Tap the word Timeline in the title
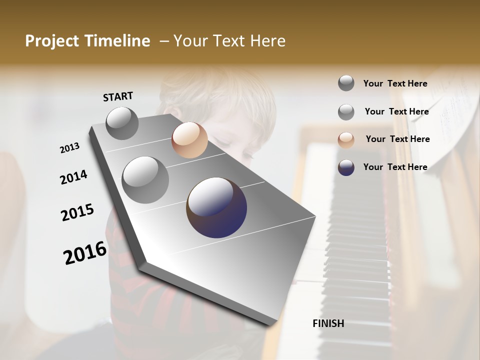pyautogui.click(x=117, y=41)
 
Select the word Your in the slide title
pyautogui.click(x=191, y=41)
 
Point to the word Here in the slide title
pyautogui.click(x=268, y=41)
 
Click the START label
pyautogui.click(x=118, y=96)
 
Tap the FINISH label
pyautogui.click(x=328, y=323)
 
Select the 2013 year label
pyautogui.click(x=69, y=148)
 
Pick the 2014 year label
pyautogui.click(x=73, y=177)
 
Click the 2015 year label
pyautogui.click(x=77, y=212)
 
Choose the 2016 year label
pyautogui.click(x=85, y=252)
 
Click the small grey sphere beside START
pyautogui.click(x=122, y=123)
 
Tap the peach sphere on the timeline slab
pyautogui.click(x=189, y=140)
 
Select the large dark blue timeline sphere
pyautogui.click(x=216, y=207)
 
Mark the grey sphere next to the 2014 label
pyautogui.click(x=145, y=180)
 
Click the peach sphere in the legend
pyautogui.click(x=346, y=140)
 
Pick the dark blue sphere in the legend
pyautogui.click(x=346, y=167)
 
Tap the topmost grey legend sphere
pyautogui.click(x=346, y=83)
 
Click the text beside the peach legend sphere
pyautogui.click(x=397, y=139)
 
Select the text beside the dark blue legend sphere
pyautogui.click(x=395, y=167)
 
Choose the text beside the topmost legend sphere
pyautogui.click(x=395, y=83)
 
